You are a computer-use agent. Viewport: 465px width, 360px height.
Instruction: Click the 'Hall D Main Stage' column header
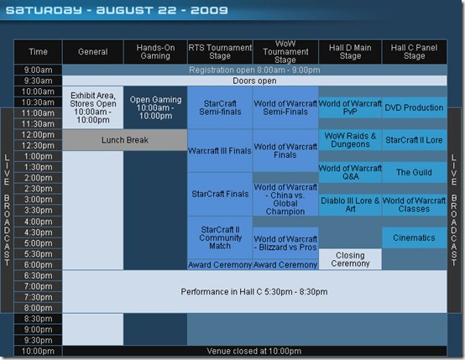point(350,52)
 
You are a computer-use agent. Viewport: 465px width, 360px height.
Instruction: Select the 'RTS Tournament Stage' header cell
point(220,52)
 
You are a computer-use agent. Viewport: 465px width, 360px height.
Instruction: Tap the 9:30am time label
point(38,81)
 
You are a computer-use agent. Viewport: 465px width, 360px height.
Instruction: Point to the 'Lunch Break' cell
point(125,140)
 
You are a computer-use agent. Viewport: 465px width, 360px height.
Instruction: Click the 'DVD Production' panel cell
point(415,107)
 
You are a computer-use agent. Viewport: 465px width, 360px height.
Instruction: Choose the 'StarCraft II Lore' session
point(415,140)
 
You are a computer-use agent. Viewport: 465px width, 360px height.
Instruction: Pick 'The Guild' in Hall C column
point(415,172)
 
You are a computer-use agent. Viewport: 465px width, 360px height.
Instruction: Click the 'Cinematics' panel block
point(415,237)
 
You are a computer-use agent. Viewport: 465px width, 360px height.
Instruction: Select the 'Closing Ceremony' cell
point(350,259)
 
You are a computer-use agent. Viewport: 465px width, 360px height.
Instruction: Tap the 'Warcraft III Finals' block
point(220,151)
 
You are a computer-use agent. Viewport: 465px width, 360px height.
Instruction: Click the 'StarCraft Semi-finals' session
point(220,107)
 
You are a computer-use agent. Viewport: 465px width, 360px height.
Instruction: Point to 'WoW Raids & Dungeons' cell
point(350,140)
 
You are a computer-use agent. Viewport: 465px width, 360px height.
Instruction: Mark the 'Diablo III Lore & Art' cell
point(350,205)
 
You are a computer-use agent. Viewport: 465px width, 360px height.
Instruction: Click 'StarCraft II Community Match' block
point(220,237)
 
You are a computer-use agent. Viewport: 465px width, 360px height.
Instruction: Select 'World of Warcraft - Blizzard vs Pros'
point(285,243)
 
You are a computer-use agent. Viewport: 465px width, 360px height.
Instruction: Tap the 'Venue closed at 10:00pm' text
point(254,351)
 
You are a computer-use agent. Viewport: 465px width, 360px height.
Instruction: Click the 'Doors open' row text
point(254,81)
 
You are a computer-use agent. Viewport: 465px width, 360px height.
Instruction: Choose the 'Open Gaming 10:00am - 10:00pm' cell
point(155,107)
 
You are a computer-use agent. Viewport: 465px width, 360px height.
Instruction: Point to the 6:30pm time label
point(38,275)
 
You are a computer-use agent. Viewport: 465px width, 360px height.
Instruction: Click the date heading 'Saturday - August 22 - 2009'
point(117,10)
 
